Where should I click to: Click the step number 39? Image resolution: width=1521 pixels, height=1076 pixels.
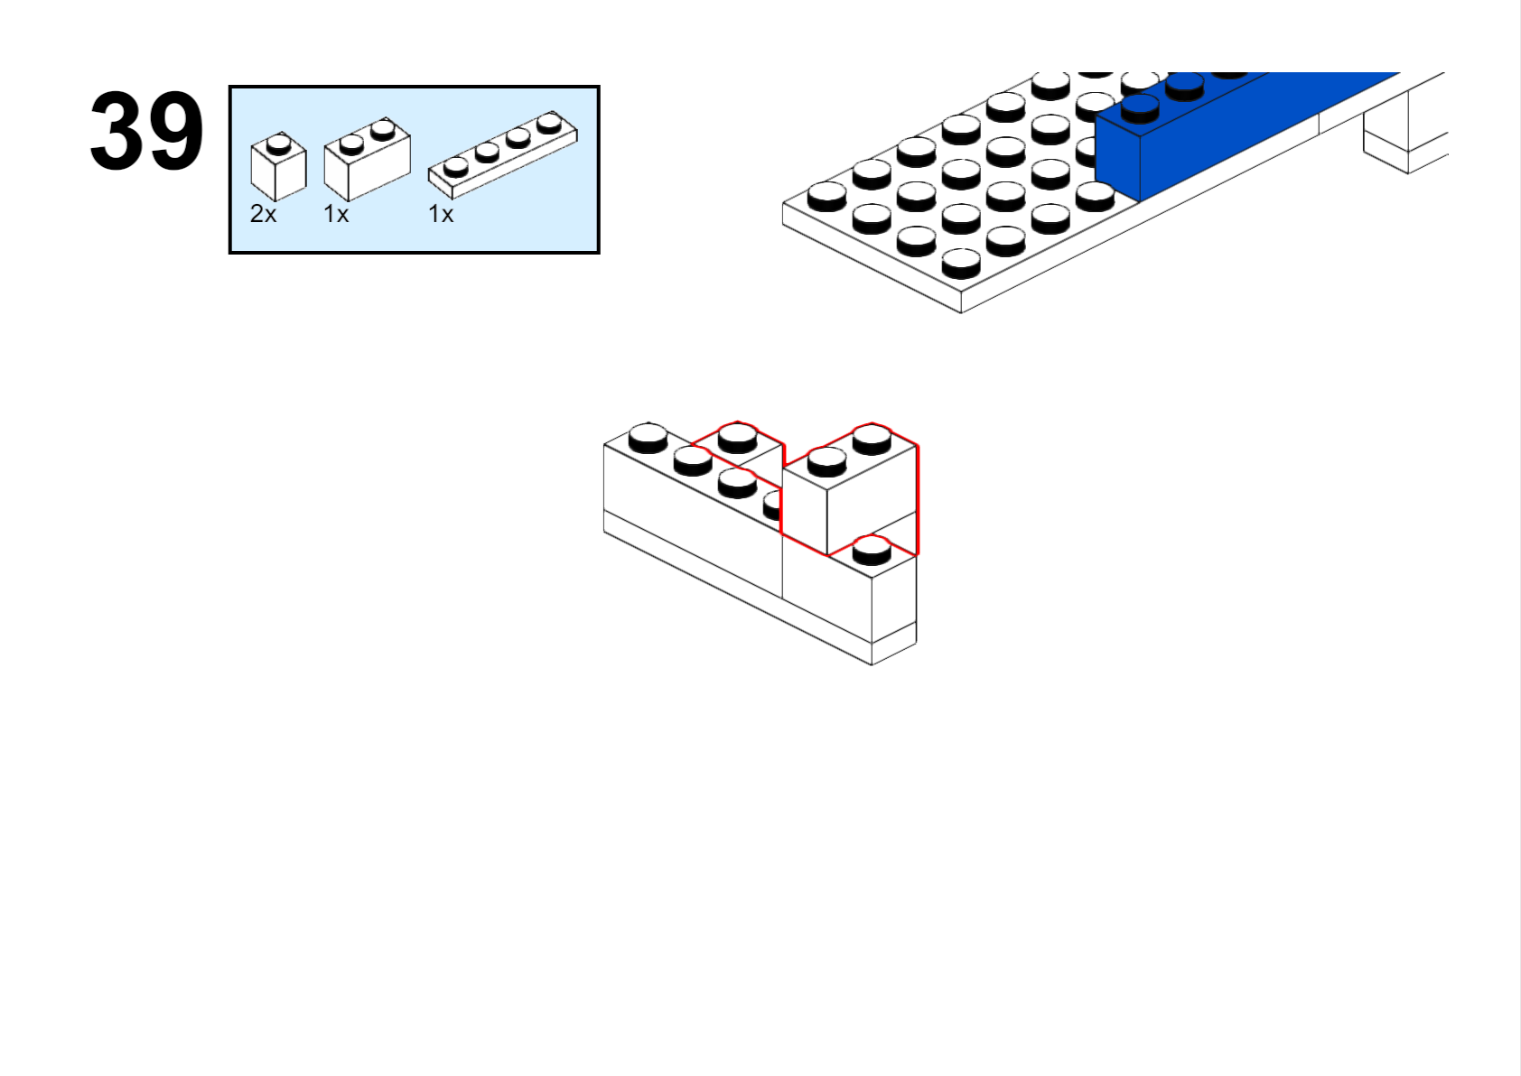(146, 130)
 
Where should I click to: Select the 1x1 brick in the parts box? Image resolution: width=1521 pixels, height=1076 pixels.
(278, 166)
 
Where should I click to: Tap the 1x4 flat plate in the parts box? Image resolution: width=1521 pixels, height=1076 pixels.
(502, 154)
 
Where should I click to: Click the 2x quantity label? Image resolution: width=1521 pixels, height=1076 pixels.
(264, 214)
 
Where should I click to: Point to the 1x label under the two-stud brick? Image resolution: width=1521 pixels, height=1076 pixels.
(336, 214)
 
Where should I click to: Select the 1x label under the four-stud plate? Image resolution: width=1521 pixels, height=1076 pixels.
(441, 214)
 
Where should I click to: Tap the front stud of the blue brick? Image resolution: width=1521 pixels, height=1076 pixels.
(1140, 108)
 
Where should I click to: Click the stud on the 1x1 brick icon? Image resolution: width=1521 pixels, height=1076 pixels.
(278, 144)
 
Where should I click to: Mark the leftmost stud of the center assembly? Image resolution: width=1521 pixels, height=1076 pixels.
(648, 438)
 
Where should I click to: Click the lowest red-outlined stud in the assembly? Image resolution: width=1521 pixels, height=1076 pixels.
(872, 550)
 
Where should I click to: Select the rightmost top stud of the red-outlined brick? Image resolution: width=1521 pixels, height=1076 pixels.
(872, 439)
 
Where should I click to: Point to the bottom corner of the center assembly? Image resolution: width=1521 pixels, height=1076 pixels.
(872, 665)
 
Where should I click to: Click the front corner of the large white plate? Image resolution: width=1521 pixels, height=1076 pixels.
(961, 312)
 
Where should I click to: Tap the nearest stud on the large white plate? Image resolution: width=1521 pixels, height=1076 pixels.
(962, 264)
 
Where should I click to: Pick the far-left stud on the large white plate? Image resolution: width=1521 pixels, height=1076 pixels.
(827, 197)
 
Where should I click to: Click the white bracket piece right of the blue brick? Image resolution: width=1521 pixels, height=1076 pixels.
(1405, 133)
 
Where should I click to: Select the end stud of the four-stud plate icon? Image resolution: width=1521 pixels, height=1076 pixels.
(548, 124)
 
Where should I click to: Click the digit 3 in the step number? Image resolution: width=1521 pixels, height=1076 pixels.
(117, 130)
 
